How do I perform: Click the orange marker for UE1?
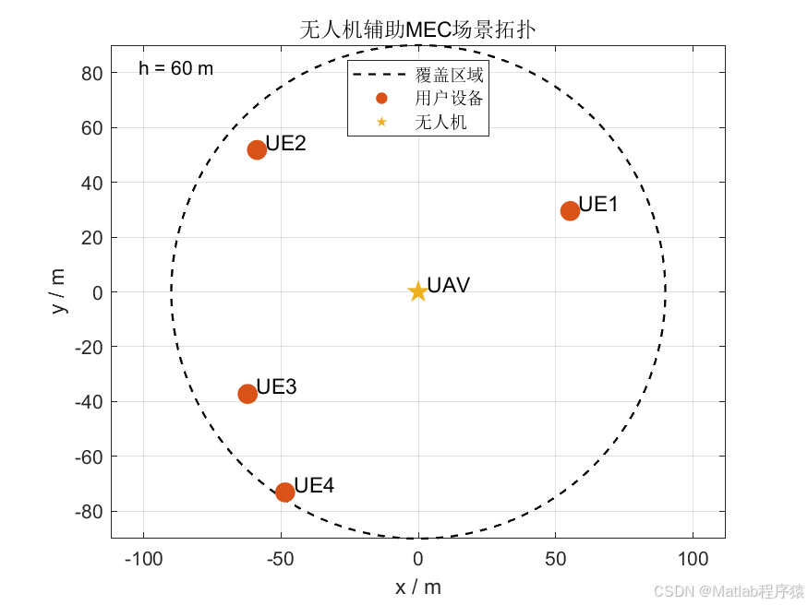tap(570, 211)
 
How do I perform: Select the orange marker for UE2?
tap(257, 149)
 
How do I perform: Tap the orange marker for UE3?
tap(247, 394)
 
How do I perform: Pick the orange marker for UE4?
tap(285, 492)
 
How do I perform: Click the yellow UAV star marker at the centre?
tap(418, 291)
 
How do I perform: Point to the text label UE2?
tap(286, 143)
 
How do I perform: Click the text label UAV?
tap(449, 285)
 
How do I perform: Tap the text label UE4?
tap(314, 485)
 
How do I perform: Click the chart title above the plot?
tap(418, 30)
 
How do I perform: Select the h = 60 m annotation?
tap(175, 68)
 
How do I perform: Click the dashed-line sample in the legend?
tap(379, 75)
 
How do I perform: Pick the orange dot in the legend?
tap(381, 99)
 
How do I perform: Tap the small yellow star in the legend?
tap(381, 122)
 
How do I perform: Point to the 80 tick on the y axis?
tap(91, 74)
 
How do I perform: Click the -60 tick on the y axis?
tap(89, 457)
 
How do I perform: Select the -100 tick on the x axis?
tap(143, 559)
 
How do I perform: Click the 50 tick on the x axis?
tap(556, 559)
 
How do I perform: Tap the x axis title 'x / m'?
tap(418, 587)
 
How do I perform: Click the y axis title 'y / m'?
tap(57, 291)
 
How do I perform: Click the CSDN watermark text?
tap(729, 591)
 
